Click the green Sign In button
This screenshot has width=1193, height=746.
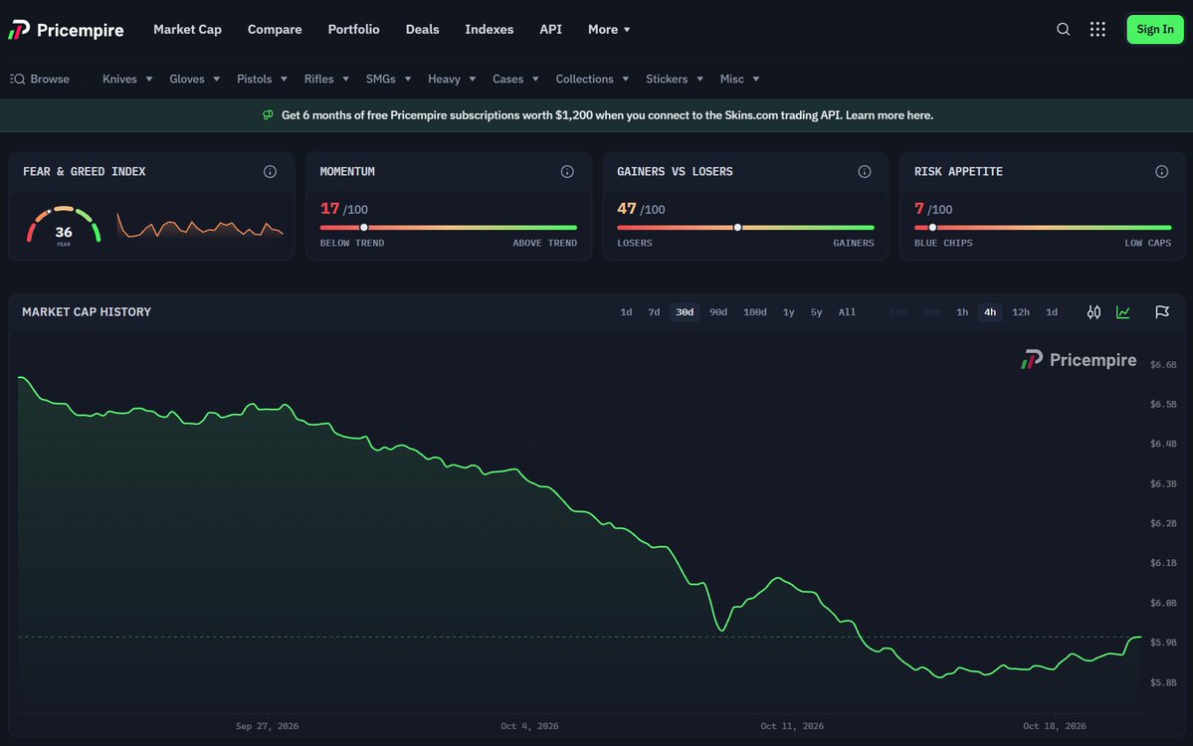[1154, 30]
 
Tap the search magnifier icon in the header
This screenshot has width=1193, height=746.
[1063, 30]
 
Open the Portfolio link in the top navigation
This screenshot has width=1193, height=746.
[354, 30]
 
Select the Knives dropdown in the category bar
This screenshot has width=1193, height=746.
[127, 80]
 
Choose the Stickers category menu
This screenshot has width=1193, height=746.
[674, 80]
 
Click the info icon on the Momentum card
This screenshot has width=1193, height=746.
[567, 172]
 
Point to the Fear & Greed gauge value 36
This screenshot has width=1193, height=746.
[64, 233]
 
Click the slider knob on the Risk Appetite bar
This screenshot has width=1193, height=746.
[932, 228]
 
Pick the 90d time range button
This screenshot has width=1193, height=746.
[718, 312]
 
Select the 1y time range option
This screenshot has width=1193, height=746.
[789, 312]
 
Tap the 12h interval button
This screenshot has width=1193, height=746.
[1020, 312]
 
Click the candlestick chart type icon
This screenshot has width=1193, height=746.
[1094, 312]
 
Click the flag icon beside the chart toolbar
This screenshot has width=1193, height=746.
[1162, 312]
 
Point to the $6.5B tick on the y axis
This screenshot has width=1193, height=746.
[1163, 405]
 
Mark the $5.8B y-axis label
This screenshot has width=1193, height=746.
[1163, 683]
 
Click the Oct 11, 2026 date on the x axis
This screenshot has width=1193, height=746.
[792, 726]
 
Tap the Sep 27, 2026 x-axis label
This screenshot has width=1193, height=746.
[267, 726]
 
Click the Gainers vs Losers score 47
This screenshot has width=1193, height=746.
[626, 208]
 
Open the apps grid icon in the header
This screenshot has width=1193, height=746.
[1097, 30]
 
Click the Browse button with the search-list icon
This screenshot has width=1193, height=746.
[40, 80]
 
